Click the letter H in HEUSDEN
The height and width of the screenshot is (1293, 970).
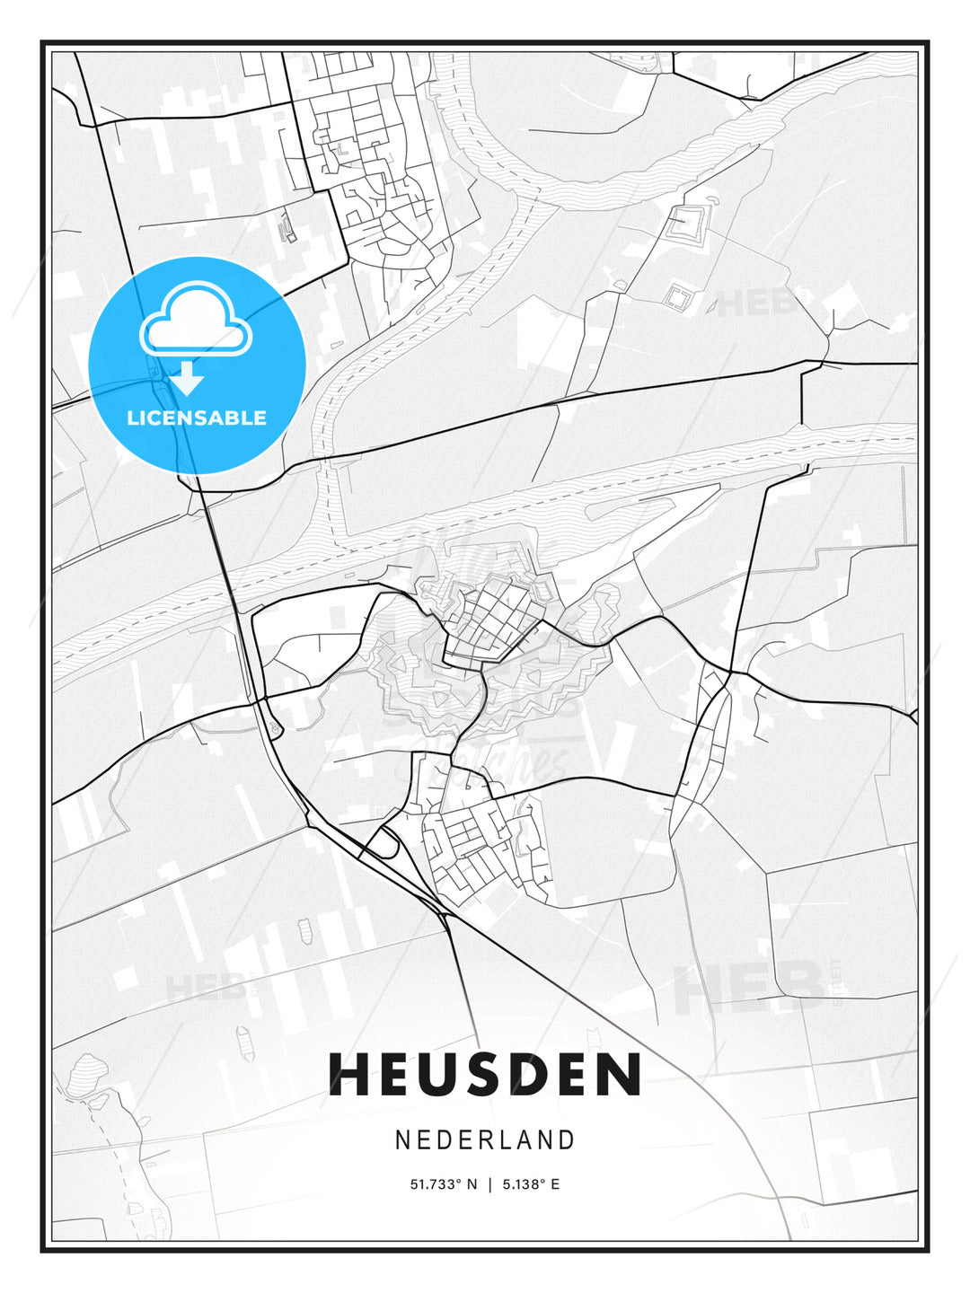(x=349, y=1075)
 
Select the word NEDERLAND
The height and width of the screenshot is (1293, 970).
(x=485, y=1139)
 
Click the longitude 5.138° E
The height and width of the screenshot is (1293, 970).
(x=530, y=1184)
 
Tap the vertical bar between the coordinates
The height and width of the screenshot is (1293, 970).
(x=489, y=1184)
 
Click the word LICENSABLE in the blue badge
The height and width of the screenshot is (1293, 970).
(x=197, y=418)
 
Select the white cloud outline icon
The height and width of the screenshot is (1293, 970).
(x=195, y=319)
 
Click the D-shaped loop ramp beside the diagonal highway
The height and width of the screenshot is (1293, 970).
(x=385, y=843)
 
